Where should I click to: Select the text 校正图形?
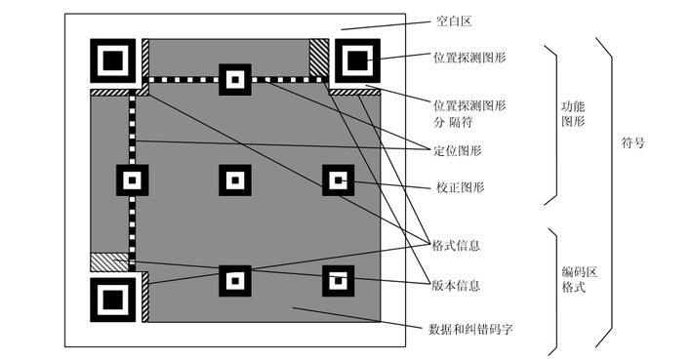coord(460,186)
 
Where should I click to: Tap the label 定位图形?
coord(456,150)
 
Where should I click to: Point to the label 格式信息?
coord(456,246)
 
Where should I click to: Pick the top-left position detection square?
coord(113,61)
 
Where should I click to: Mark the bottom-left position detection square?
coord(113,300)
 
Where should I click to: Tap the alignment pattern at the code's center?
coord(234,180)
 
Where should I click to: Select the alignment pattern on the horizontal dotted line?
coord(234,79)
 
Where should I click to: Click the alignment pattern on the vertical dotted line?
coord(133,180)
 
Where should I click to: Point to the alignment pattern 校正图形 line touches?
coord(338,180)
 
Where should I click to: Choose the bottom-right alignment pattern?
coord(338,281)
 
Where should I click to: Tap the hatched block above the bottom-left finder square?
coord(109,261)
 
